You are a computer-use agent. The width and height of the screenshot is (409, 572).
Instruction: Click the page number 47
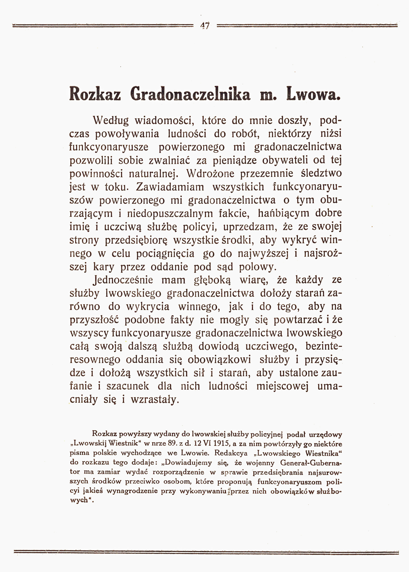tap(205, 26)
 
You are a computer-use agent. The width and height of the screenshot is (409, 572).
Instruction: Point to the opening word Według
tap(111, 121)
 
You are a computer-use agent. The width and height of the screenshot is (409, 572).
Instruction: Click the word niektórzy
tap(290, 134)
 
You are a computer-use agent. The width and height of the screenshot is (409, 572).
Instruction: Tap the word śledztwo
tap(321, 174)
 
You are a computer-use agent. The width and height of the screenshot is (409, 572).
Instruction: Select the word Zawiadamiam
tap(170, 187)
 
